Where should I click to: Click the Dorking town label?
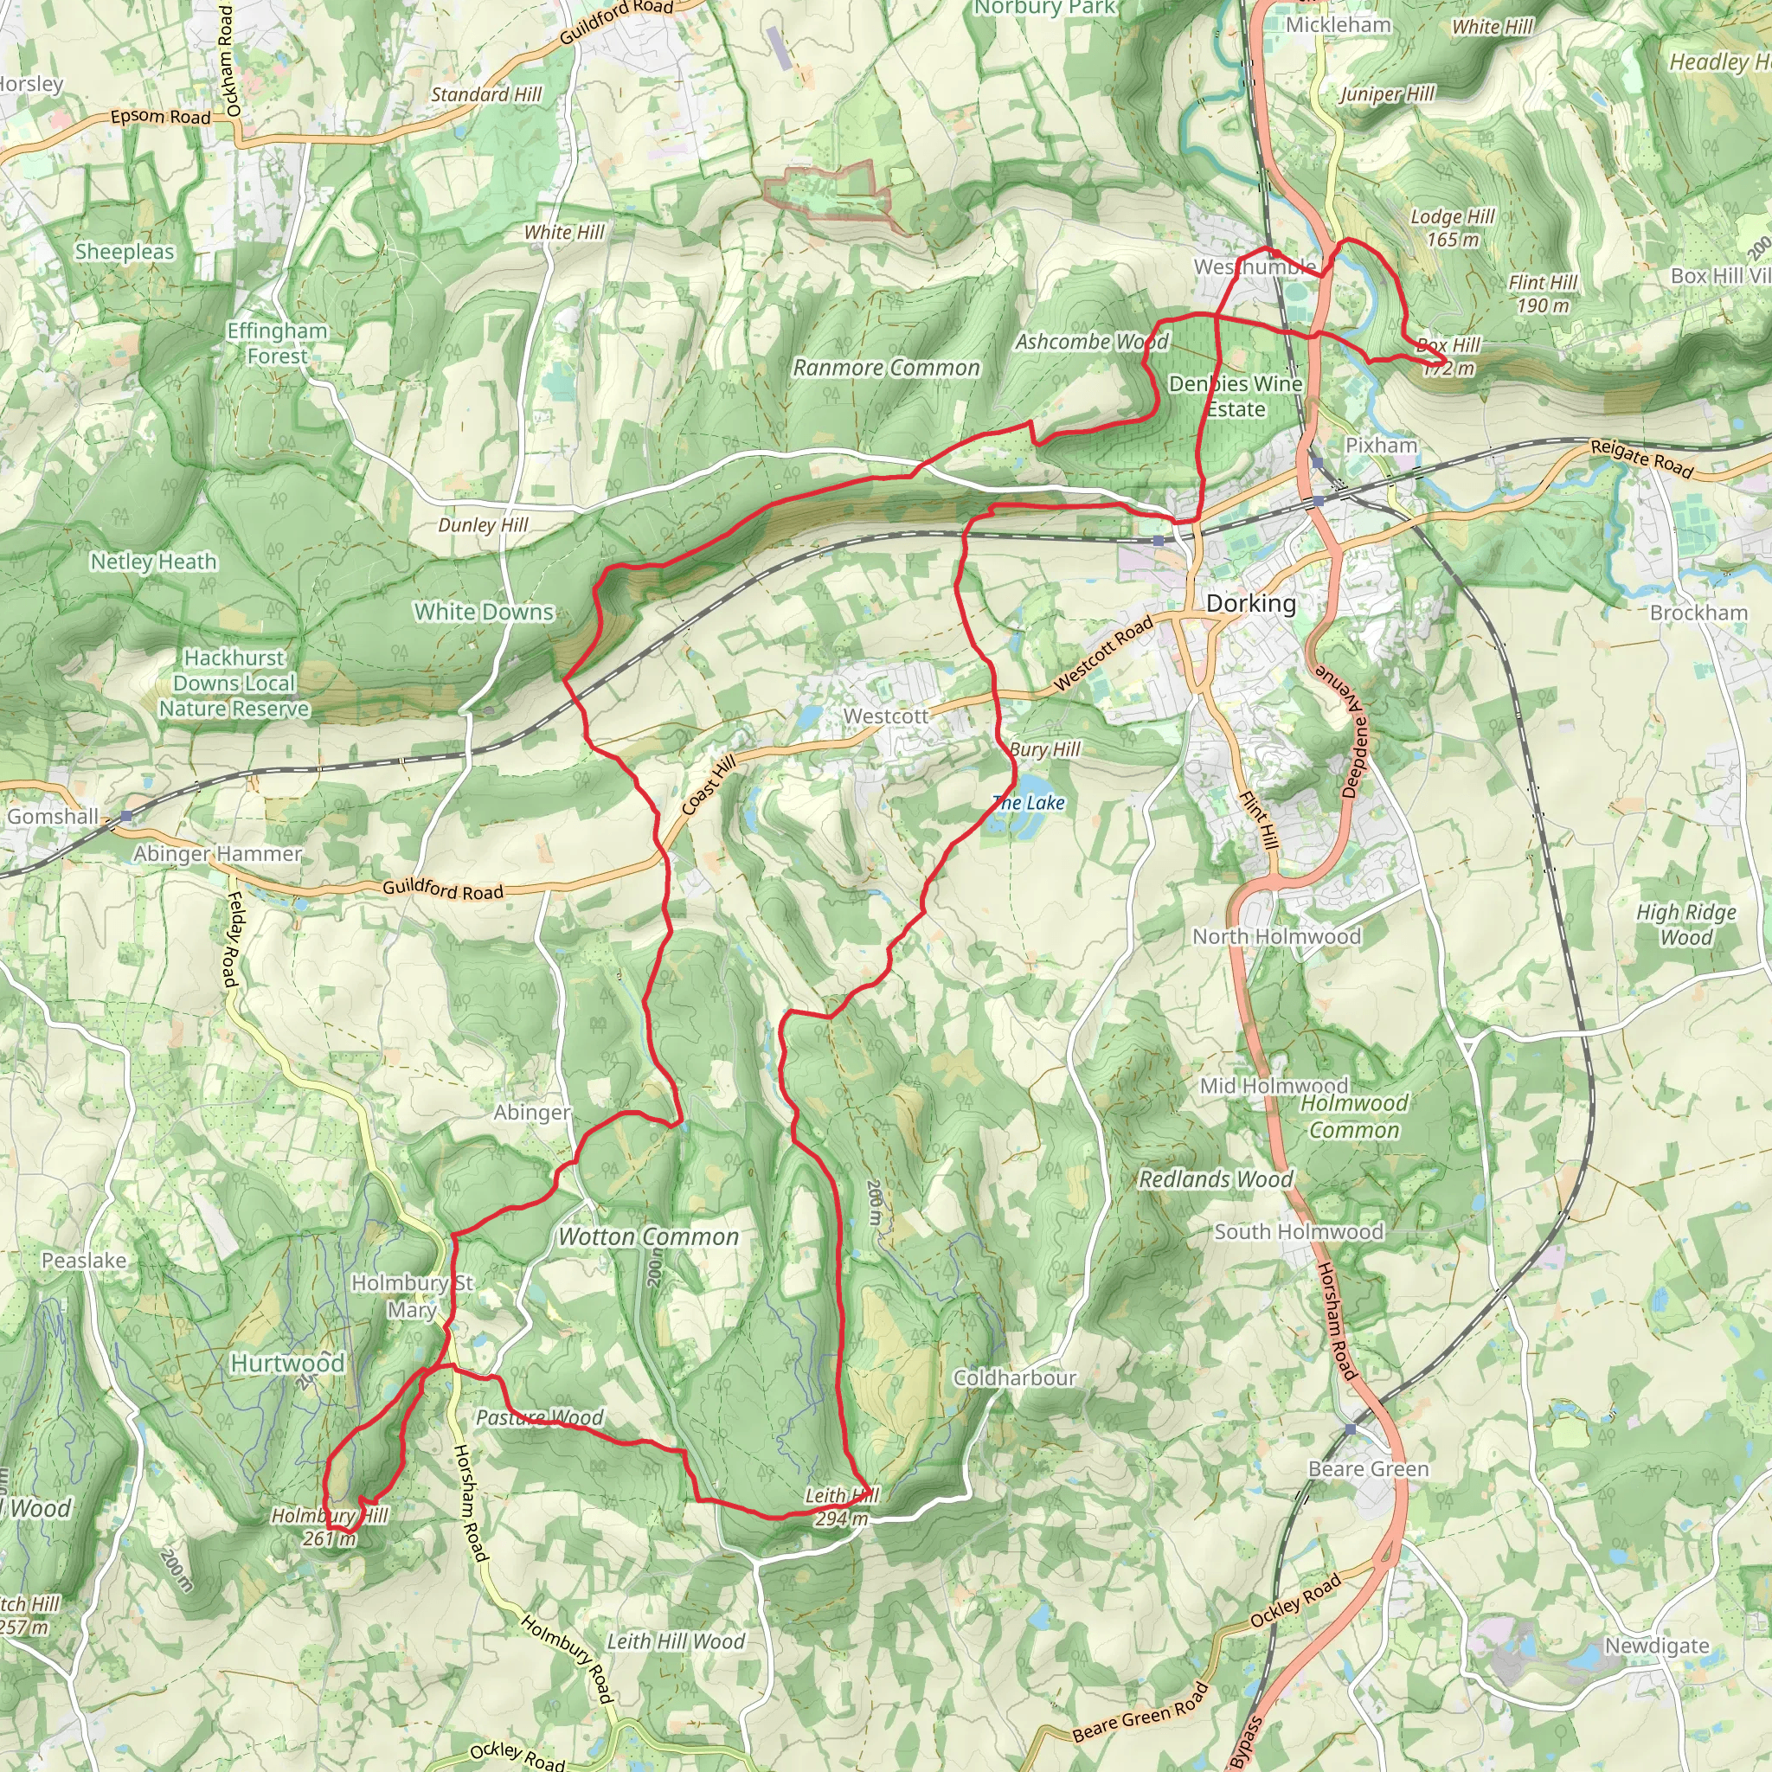pyautogui.click(x=1251, y=604)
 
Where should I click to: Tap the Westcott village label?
pyautogui.click(x=885, y=716)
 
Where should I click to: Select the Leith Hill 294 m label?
pyautogui.click(x=841, y=1507)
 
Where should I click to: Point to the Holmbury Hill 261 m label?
pyautogui.click(x=330, y=1527)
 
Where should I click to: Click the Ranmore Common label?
pyautogui.click(x=886, y=368)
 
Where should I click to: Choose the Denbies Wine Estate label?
pyautogui.click(x=1236, y=396)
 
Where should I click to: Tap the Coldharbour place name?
pyautogui.click(x=1014, y=1377)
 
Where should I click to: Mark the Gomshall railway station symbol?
pyautogui.click(x=125, y=815)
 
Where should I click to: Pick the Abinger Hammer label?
pyautogui.click(x=217, y=854)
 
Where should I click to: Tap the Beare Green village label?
pyautogui.click(x=1369, y=1469)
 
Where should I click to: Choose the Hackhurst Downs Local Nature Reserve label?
pyautogui.click(x=234, y=684)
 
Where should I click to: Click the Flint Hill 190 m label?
pyautogui.click(x=1543, y=293)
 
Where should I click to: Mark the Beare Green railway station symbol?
pyautogui.click(x=1350, y=1430)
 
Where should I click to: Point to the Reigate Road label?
pyautogui.click(x=1640, y=459)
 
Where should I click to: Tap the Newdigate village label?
pyautogui.click(x=1656, y=1647)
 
